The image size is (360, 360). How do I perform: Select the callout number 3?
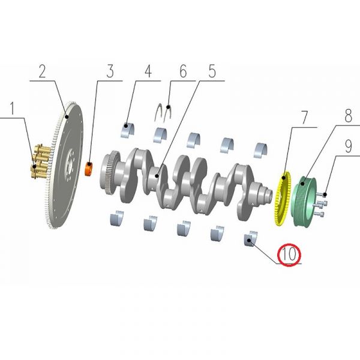tap(110, 72)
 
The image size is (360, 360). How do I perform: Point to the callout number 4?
tap(148, 72)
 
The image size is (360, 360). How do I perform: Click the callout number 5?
tap(212, 72)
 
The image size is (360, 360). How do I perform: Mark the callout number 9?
tap(348, 144)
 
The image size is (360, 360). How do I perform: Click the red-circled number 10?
tap(289, 254)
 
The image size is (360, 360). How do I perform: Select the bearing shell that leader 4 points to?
tap(127, 128)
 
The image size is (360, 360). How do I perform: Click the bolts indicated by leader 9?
tap(319, 204)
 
